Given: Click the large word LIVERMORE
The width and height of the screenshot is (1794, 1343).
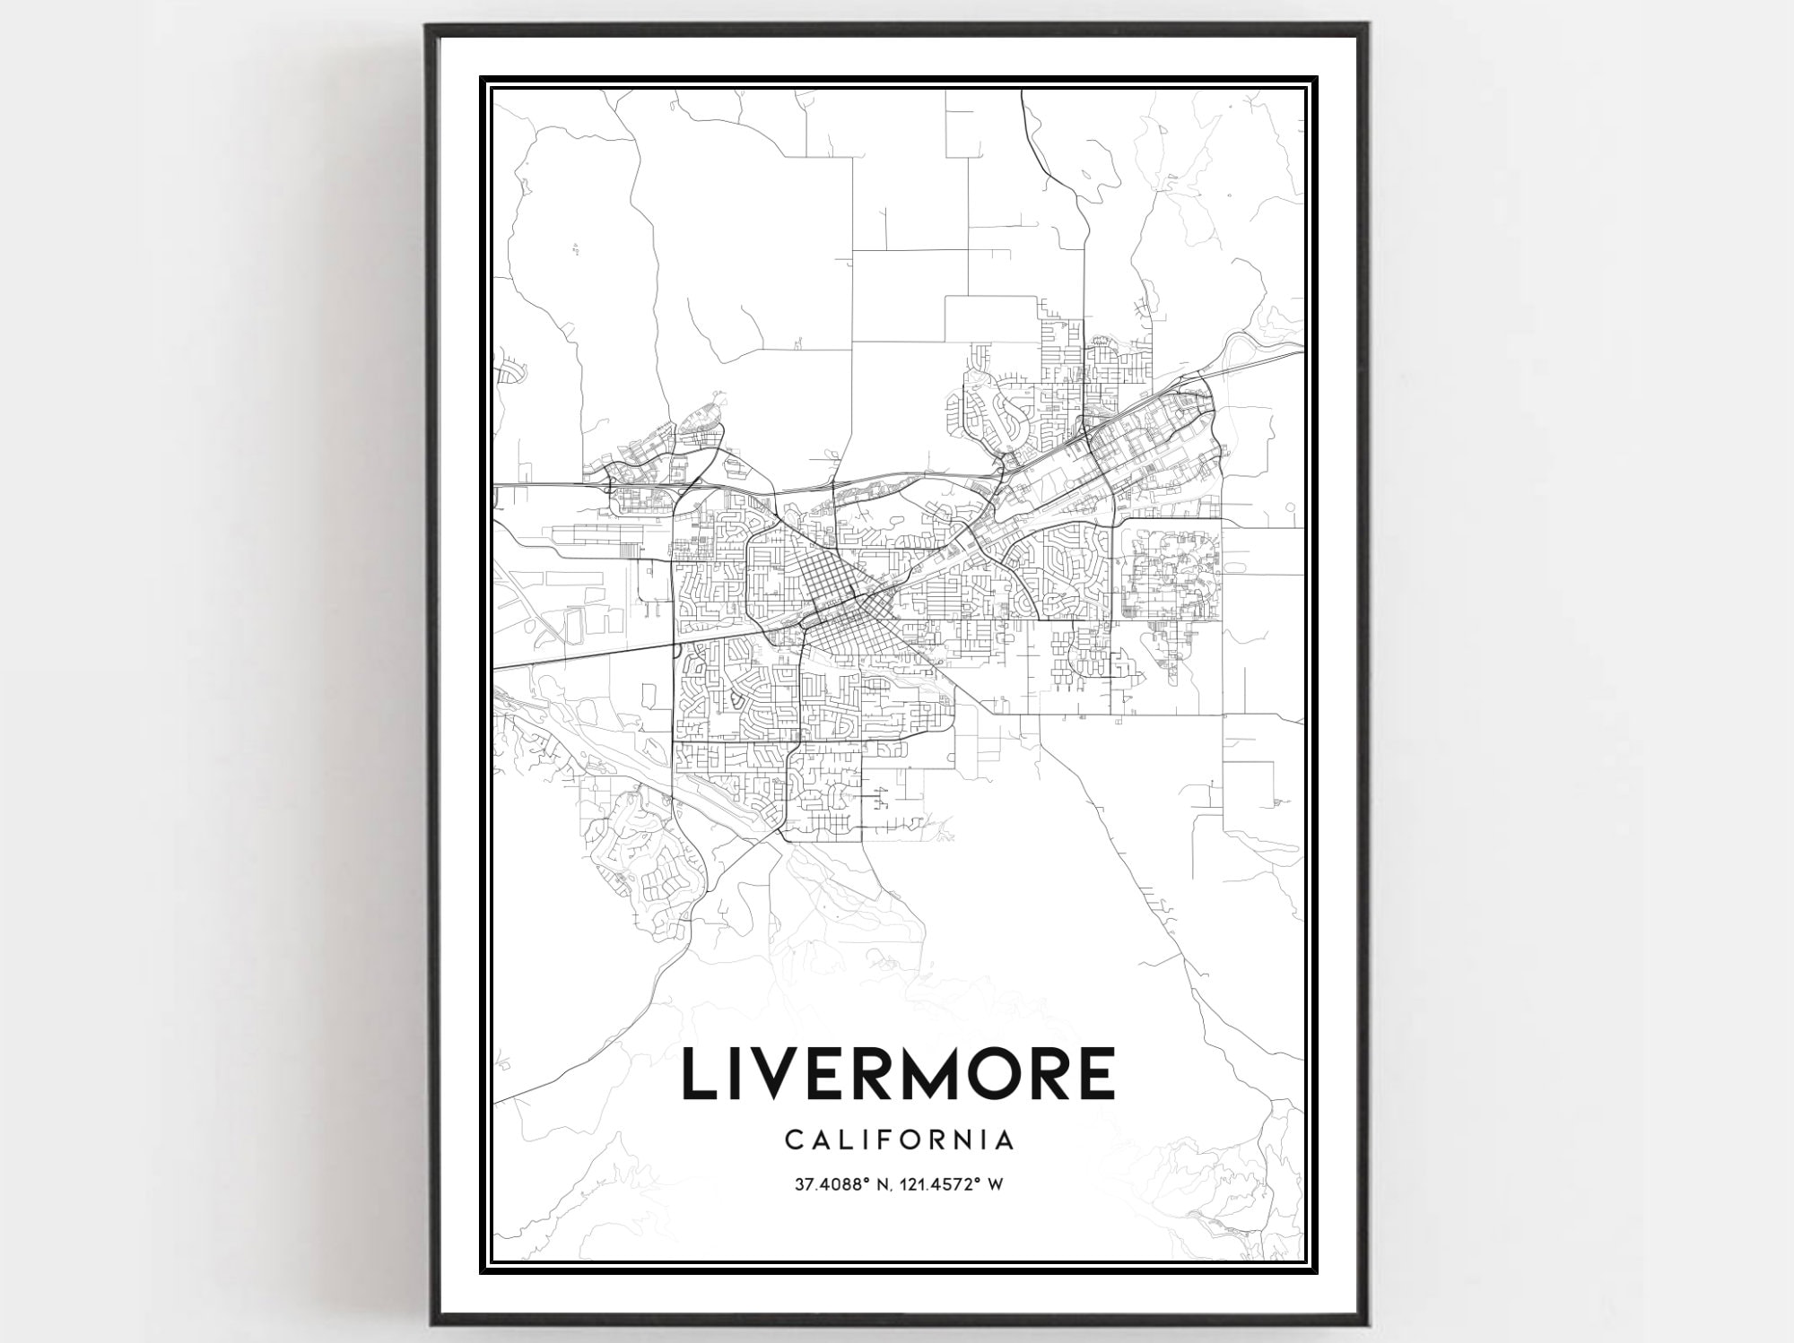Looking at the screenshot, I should click(900, 1073).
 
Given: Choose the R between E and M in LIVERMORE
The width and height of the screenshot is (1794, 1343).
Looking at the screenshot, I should click(899, 1073).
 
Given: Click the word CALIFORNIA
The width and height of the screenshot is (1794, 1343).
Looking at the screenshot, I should click(900, 1140).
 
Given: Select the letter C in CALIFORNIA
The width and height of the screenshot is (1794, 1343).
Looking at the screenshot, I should click(794, 1140).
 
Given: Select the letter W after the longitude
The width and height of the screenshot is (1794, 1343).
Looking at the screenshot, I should click(995, 1185).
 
